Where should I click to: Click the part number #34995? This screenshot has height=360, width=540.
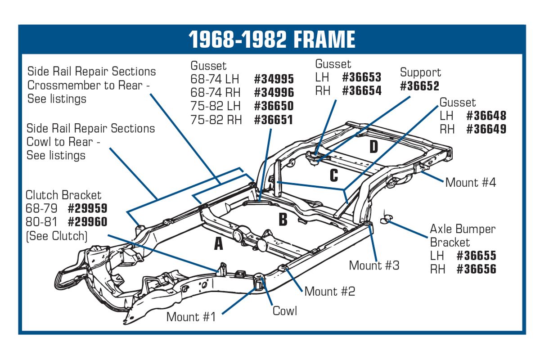tap(274, 79)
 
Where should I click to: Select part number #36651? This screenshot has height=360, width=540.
tap(274, 120)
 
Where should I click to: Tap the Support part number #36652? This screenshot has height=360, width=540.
tap(419, 86)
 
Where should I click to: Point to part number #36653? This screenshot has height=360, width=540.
tap(362, 77)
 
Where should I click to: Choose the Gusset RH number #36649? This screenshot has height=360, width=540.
tap(486, 129)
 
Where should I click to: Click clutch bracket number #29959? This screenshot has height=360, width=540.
tap(87, 208)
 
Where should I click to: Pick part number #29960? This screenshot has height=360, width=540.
tap(87, 222)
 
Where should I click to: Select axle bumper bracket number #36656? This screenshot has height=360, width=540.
tap(477, 269)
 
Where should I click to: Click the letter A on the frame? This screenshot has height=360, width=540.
tap(218, 243)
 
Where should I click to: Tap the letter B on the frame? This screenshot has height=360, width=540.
tap(283, 220)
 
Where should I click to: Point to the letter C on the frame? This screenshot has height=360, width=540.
tap(334, 175)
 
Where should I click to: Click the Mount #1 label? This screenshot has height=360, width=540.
tap(191, 317)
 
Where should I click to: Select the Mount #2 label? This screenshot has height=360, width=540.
tap(330, 291)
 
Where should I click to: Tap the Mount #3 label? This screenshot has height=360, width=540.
tap(374, 265)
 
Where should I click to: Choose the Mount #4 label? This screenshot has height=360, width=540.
tap(471, 182)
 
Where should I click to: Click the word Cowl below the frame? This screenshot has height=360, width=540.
tap(285, 311)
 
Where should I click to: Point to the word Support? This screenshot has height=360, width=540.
tap(420, 72)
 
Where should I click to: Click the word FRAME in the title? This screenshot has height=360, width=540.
tap(324, 39)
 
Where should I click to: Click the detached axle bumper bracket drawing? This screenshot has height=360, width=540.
tap(386, 219)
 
